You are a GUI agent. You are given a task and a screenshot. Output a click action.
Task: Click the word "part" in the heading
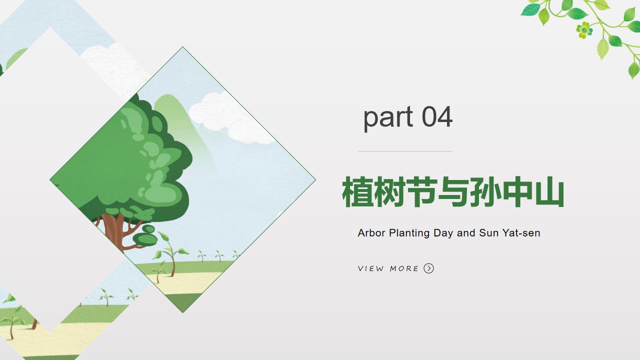[388, 118]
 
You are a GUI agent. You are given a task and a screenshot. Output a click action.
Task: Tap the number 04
[437, 116]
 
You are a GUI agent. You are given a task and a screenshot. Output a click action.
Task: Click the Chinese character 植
[357, 191]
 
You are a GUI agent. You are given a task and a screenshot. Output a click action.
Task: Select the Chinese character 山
[549, 191]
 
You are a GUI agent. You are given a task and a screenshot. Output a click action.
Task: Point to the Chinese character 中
[517, 191]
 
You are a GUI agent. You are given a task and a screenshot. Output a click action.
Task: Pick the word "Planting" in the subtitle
[409, 233]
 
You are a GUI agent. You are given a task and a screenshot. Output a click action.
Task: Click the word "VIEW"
[370, 268]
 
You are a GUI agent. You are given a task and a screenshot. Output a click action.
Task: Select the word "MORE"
[404, 268]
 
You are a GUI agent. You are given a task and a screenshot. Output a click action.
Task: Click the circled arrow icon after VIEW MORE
[428, 268]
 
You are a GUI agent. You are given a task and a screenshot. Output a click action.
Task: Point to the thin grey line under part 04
[405, 151]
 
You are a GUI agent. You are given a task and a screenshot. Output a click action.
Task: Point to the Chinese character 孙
[485, 191]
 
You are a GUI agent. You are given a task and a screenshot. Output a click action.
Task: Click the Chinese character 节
[421, 191]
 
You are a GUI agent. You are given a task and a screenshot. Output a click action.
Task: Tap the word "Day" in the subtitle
[443, 233]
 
